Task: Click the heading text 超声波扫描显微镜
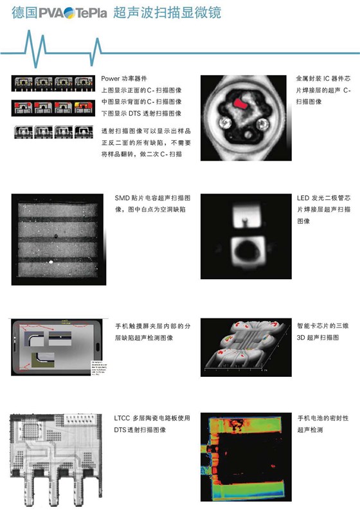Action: (x=150, y=12)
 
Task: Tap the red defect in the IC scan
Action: (x=240, y=104)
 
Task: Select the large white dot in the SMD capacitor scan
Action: (x=51, y=262)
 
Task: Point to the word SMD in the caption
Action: (x=122, y=198)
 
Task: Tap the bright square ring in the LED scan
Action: (x=244, y=248)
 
